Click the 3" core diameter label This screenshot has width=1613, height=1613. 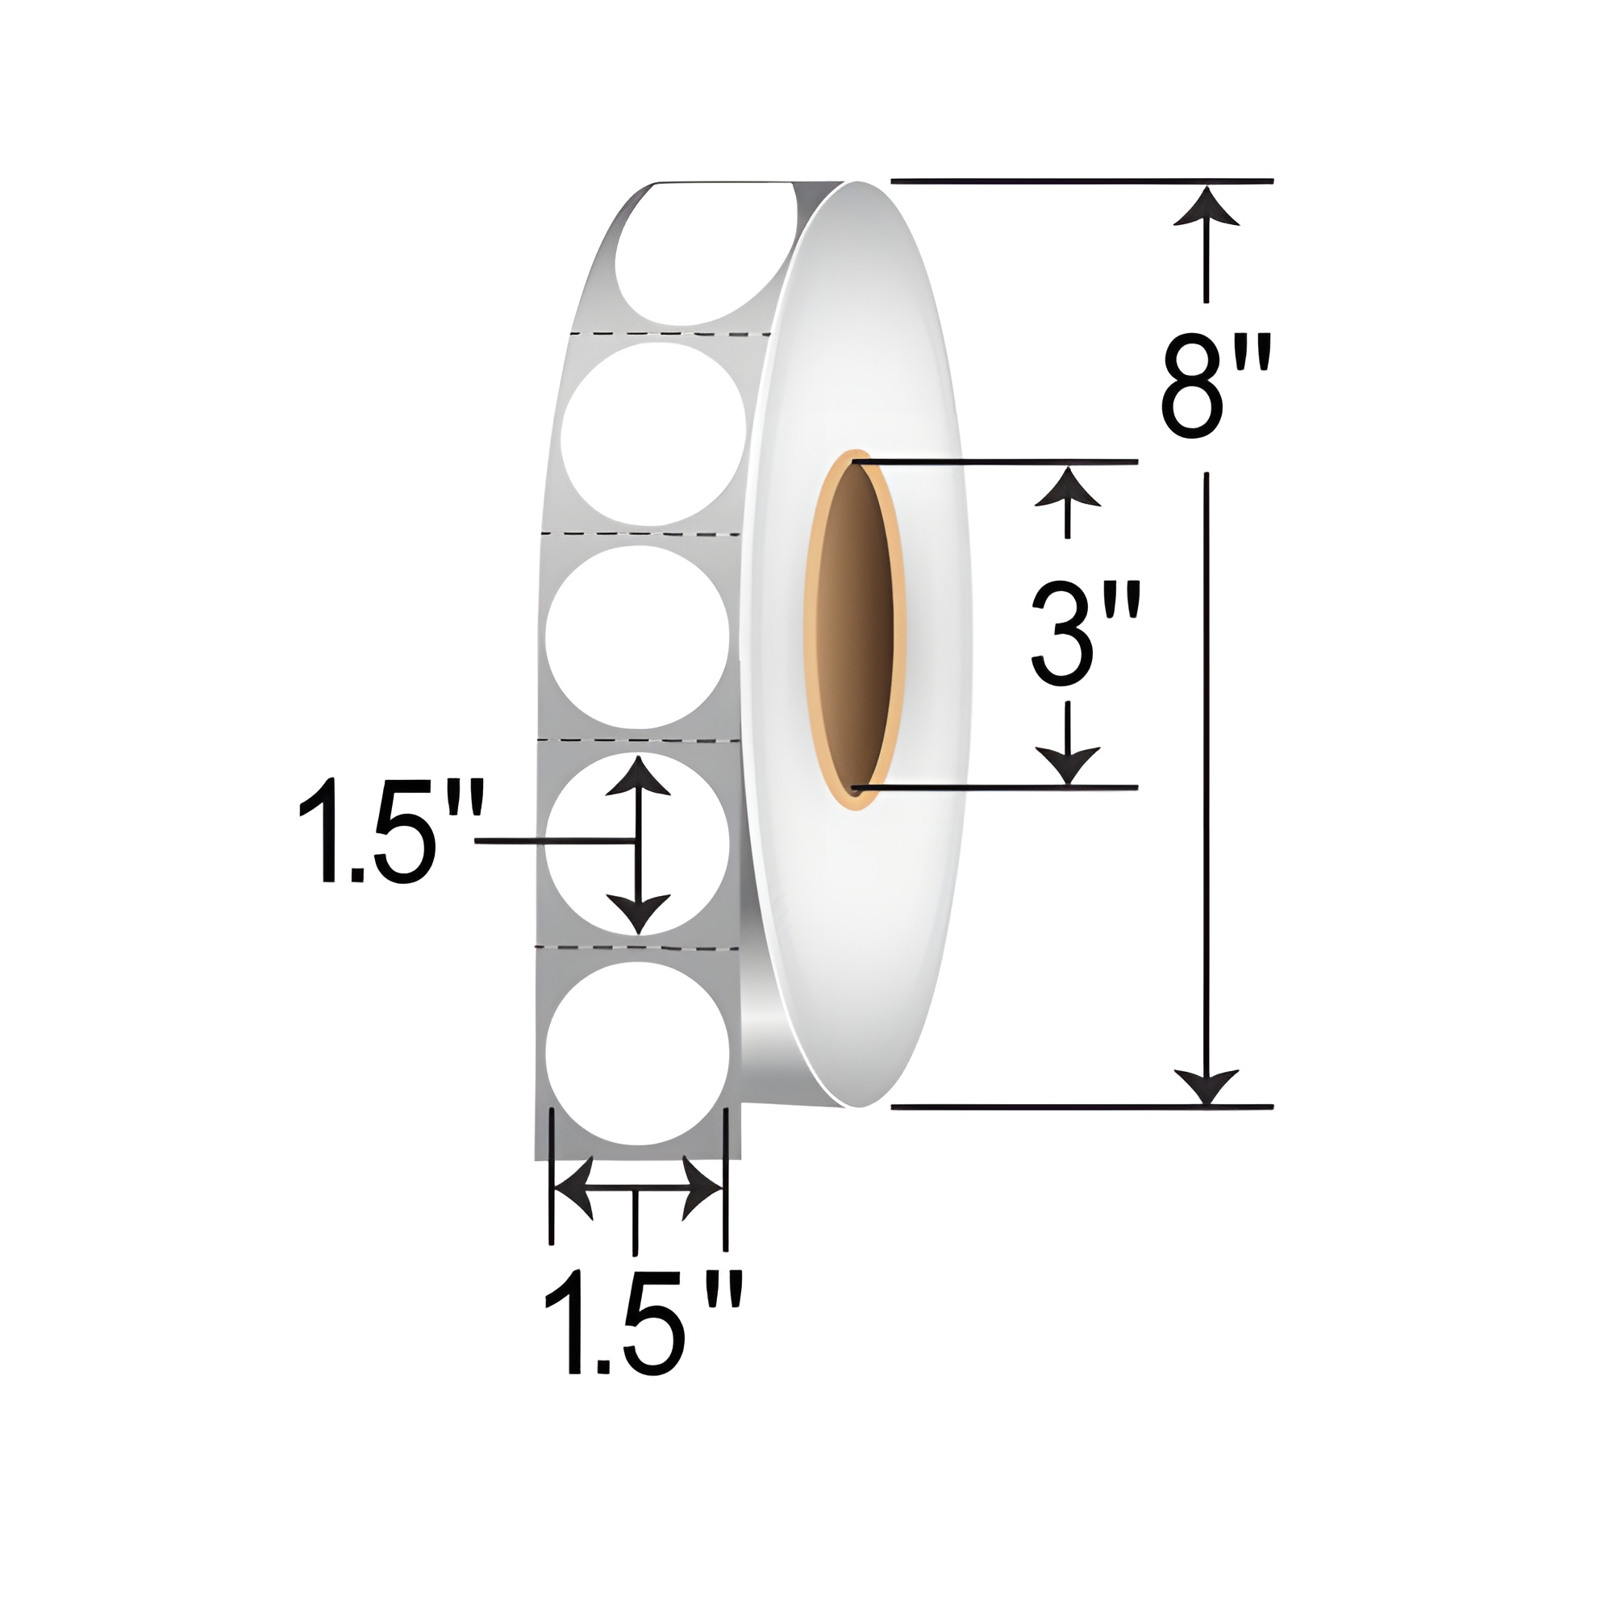click(1083, 636)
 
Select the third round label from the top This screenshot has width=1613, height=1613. click(638, 637)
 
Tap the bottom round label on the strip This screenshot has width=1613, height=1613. click(637, 1052)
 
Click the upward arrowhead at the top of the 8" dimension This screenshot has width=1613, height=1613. click(1206, 207)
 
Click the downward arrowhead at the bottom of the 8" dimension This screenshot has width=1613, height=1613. click(1206, 1086)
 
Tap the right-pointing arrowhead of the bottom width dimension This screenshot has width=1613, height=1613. click(702, 1187)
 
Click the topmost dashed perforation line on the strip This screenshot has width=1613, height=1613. click(668, 334)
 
